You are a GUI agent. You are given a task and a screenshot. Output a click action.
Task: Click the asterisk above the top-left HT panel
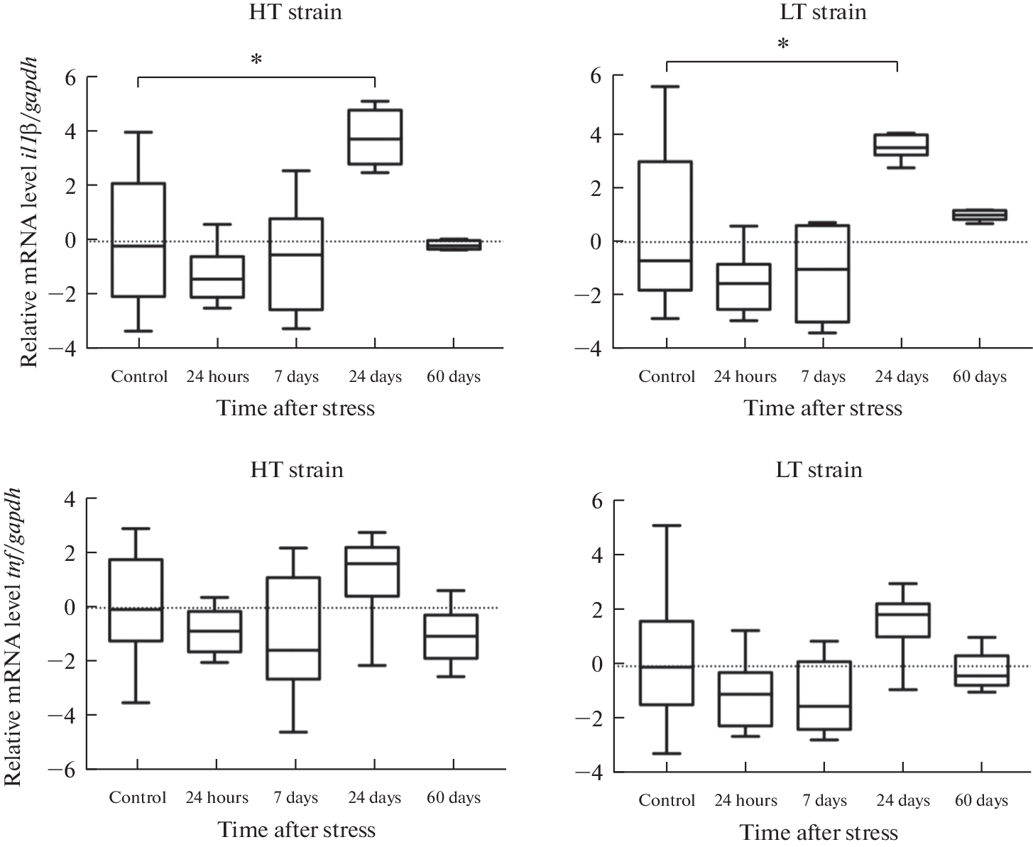pyautogui.click(x=256, y=60)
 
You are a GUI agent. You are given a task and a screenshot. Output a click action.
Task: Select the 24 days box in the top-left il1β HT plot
pyautogui.click(x=376, y=137)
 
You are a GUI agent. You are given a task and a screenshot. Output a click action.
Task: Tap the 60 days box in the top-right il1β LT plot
pyautogui.click(x=980, y=214)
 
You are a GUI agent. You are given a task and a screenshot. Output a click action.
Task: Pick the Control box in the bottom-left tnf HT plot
pyautogui.click(x=137, y=600)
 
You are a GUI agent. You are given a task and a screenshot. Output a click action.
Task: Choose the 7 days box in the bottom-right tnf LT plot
pyautogui.click(x=824, y=695)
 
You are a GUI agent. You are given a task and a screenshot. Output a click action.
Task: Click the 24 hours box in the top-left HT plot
pyautogui.click(x=217, y=277)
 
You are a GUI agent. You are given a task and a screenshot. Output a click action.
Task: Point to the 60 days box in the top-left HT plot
pyautogui.click(x=454, y=244)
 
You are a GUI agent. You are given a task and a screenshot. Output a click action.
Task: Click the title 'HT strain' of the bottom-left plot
pyautogui.click(x=297, y=470)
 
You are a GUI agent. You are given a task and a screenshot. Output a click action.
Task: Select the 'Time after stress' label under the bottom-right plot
pyautogui.click(x=819, y=832)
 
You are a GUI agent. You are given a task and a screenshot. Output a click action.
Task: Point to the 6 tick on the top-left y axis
pyautogui.click(x=70, y=77)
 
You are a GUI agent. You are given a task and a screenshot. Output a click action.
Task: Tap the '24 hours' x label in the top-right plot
pyautogui.click(x=745, y=376)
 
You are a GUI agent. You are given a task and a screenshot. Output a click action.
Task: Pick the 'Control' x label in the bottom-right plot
pyautogui.click(x=667, y=800)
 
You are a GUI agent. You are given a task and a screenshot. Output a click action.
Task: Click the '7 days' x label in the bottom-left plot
pyautogui.click(x=296, y=797)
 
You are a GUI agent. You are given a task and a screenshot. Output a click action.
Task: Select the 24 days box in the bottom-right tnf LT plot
pyautogui.click(x=903, y=620)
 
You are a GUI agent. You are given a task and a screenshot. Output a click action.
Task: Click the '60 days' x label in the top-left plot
pyautogui.click(x=454, y=376)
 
